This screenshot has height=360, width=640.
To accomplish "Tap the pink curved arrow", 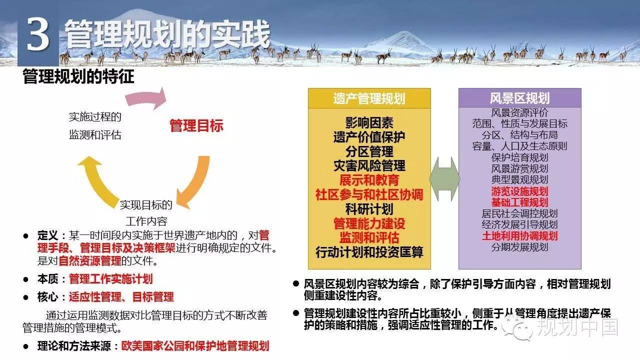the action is pos(145,98).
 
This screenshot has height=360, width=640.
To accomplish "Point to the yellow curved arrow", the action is pos(97,179).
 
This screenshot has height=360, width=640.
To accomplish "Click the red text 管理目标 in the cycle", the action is pos(196,125).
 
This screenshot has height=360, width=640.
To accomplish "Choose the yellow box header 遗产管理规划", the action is pos(369,98).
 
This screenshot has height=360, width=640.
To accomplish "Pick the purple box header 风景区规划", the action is pos(519,98).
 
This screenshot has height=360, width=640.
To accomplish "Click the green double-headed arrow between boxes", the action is pos(444,179).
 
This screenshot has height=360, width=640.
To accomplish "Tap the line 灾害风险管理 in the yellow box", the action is pos(369,165).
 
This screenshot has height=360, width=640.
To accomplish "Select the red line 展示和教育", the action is pos(369,180).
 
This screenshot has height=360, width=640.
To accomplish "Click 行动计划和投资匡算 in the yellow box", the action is pos(369,252).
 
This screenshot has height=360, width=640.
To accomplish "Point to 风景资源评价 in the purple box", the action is pos(519,112).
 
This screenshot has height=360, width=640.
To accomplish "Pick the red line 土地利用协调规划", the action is pos(519,236).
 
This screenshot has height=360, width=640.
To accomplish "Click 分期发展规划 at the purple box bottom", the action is pos(519,247).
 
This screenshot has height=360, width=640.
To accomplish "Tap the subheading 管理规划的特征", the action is pos(78,76).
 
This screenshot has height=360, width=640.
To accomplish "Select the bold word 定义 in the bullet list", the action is pos(47,235).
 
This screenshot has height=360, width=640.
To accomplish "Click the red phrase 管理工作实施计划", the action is pos(111,279).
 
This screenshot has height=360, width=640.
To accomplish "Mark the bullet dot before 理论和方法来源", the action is pos(26,346).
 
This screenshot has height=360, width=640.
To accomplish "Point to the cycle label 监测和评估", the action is pos(95,135).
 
